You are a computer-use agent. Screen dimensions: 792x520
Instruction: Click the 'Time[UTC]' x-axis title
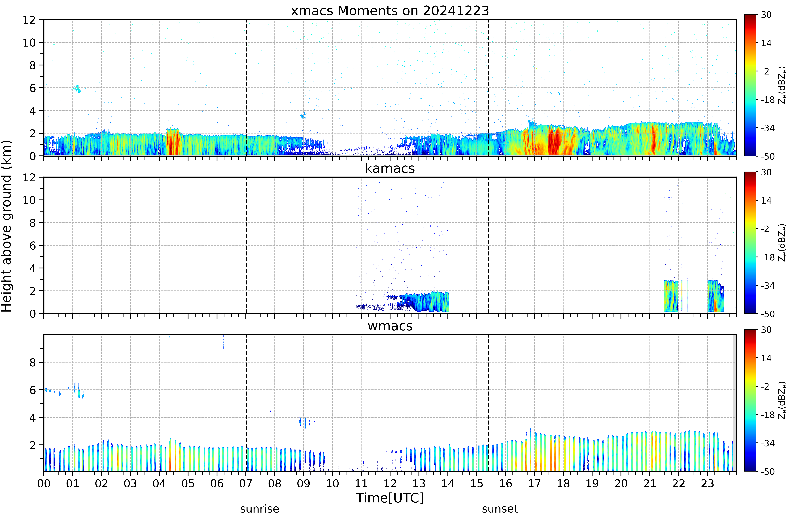pyautogui.click(x=390, y=498)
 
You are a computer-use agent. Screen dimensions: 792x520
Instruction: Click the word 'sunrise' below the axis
pyautogui.click(x=260, y=509)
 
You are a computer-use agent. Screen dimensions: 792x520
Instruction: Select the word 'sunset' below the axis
pyautogui.click(x=500, y=509)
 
